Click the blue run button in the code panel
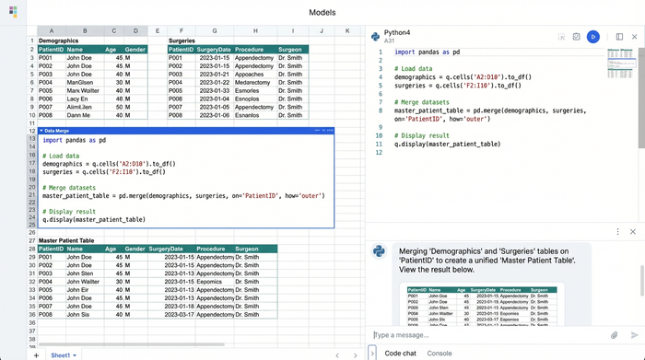point(594,36)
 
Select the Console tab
point(439,353)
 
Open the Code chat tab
point(400,353)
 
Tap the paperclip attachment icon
point(615,335)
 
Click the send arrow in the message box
point(634,335)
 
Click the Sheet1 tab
point(62,354)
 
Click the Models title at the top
point(322,13)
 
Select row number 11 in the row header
point(31,122)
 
